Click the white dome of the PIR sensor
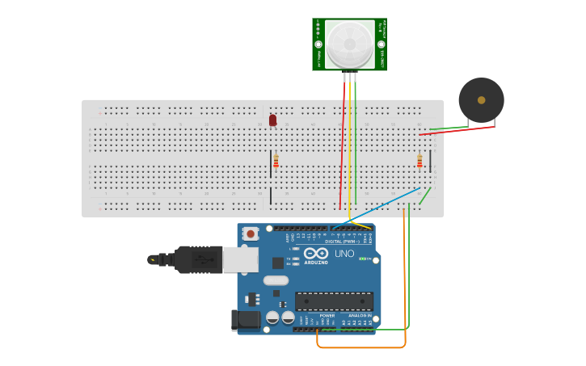[x=350, y=44]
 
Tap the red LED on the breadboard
[x=272, y=120]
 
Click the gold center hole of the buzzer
[x=482, y=100]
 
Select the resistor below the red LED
[x=276, y=161]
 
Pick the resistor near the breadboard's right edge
[x=419, y=161]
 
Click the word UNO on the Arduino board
[x=344, y=254]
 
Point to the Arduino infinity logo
[x=316, y=254]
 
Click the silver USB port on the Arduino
[x=240, y=259]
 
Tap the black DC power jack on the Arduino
[x=246, y=320]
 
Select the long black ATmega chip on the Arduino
[x=334, y=301]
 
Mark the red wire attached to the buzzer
[x=457, y=130]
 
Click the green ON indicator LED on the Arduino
[x=363, y=259]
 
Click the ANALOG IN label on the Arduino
[x=360, y=315]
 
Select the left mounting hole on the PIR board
[x=318, y=44]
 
